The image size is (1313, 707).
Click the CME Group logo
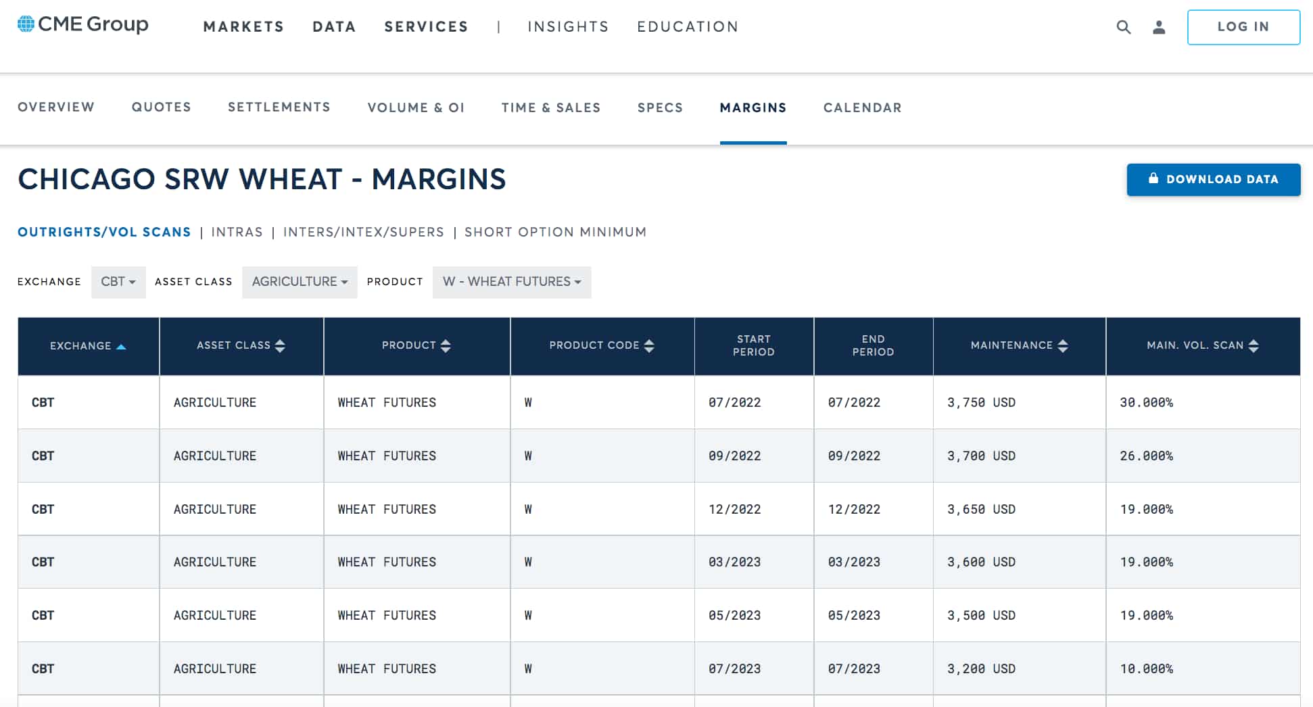pos(82,24)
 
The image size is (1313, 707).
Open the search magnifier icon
pos(1123,27)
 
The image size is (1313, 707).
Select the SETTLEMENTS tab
pos(279,107)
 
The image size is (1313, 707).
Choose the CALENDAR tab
pos(862,107)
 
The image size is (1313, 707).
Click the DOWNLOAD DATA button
pos(1213,179)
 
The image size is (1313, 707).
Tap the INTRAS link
pos(237,232)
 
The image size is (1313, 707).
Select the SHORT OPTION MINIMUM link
pos(555,232)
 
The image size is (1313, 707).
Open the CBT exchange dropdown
pos(118,282)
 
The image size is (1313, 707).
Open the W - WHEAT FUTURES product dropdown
pos(511,282)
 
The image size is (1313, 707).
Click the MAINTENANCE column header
pos(1011,345)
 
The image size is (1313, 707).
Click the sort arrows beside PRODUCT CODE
pos(649,346)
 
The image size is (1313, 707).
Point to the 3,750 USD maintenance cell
pos(981,402)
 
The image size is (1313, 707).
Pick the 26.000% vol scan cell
pos(1146,456)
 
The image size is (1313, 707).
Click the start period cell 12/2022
pos(734,509)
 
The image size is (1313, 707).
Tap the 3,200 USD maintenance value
pos(981,668)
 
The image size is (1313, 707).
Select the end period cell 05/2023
pos(854,615)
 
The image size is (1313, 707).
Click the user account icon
pos(1159,27)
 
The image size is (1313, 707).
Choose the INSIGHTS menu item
pos(568,27)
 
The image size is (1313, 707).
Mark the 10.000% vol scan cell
pos(1146,668)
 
